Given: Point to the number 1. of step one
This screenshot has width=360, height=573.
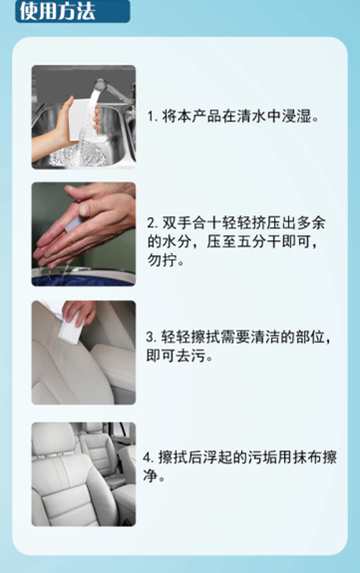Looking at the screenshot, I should click(x=153, y=118).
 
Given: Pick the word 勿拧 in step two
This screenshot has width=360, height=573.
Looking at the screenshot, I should click(x=162, y=261).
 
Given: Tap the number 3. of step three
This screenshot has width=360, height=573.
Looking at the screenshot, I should click(x=153, y=338).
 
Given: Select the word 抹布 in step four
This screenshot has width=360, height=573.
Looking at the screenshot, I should click(x=294, y=457).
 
